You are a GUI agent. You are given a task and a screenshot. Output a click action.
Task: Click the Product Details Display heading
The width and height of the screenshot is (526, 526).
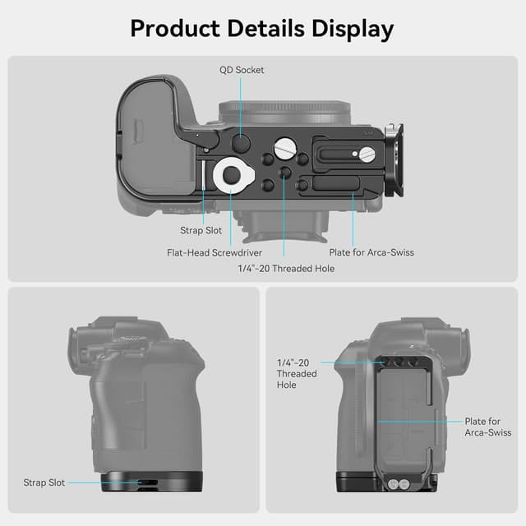pos(262,29)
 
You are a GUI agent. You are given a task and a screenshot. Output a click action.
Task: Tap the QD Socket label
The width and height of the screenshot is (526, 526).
pos(242,70)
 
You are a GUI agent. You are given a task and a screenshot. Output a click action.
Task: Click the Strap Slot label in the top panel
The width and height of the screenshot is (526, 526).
pos(201,231)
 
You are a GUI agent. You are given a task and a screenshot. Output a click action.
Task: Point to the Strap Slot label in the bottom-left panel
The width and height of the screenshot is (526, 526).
pos(45,482)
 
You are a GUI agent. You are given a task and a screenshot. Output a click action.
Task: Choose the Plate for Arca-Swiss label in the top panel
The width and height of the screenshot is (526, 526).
pos(371,252)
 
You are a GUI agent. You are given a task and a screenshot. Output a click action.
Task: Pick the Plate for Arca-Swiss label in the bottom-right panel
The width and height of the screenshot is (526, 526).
pos(488,427)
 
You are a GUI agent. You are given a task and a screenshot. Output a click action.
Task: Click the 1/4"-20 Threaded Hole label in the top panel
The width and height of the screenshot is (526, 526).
pos(286,269)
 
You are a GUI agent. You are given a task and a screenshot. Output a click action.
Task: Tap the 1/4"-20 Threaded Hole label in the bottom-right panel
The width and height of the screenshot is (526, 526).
pos(297,373)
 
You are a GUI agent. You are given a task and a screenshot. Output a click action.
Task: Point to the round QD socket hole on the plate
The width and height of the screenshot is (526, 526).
pos(241,143)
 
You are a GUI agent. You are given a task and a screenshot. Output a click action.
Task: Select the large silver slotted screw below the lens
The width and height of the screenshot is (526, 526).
pos(284,149)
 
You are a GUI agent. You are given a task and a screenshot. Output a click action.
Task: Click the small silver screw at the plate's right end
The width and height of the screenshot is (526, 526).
pos(368,154)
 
